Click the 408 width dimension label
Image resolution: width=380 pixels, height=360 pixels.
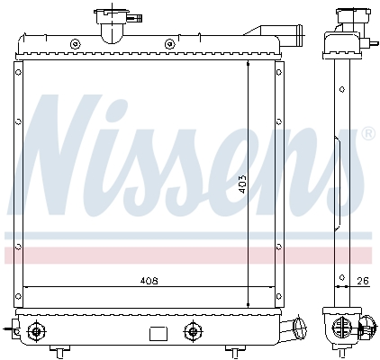pyautogui.click(x=149, y=281)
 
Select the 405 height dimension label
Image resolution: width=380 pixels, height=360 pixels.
pyautogui.click(x=240, y=184)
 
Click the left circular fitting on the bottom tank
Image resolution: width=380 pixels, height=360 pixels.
pyautogui.click(x=36, y=331)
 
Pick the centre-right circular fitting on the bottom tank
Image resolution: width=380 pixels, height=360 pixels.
pyautogui.click(x=191, y=330)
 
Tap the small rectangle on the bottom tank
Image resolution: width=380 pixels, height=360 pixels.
pyautogui.click(x=157, y=333)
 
